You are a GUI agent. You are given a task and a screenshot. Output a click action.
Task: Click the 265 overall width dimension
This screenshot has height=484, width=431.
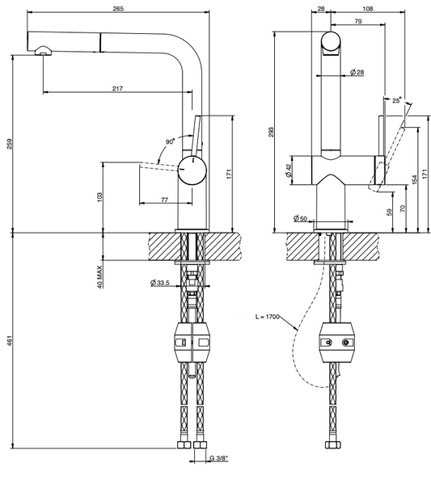118,9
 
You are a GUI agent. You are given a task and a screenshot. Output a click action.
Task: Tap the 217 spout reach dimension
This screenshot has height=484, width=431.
117,89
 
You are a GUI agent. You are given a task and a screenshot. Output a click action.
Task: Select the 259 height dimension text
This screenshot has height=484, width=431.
10,144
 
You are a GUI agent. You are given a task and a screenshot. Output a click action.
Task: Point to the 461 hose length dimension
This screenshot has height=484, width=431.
10,340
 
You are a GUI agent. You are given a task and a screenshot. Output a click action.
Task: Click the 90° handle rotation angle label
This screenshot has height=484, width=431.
170,141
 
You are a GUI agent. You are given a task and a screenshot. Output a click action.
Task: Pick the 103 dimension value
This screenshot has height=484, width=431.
99,197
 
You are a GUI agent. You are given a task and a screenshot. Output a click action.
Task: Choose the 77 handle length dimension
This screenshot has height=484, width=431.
164,200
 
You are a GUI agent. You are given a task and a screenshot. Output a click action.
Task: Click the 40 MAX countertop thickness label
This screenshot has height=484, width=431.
99,276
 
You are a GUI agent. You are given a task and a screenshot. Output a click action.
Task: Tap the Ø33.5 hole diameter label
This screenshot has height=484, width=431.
160,283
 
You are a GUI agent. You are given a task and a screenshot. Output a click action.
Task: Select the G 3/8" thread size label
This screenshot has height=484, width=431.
219,458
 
